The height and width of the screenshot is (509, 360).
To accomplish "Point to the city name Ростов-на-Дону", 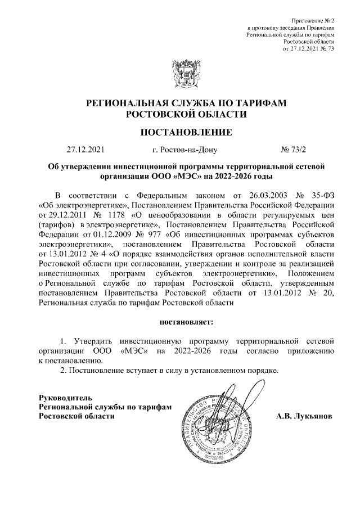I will pyautogui.click(x=185, y=150).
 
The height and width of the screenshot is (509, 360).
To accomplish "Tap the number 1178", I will pyautogui.click(x=115, y=215).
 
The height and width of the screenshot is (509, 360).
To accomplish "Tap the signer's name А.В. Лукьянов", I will pyautogui.click(x=296, y=417).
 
